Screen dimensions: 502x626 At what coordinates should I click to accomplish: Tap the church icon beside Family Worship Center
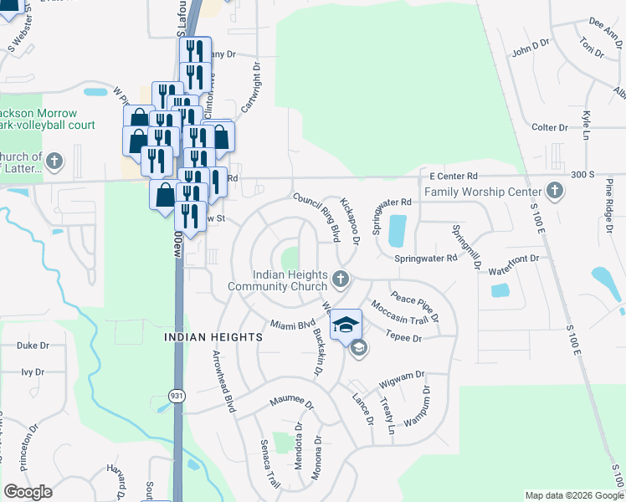(x=554, y=192)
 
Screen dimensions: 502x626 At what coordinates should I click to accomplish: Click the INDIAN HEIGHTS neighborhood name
(x=213, y=336)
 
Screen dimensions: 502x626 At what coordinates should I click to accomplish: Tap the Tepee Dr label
(x=403, y=336)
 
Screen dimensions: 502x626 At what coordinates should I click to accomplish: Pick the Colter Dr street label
(x=549, y=128)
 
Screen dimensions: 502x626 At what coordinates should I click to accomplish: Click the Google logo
(x=28, y=492)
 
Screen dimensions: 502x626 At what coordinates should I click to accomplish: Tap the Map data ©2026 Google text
(x=573, y=495)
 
